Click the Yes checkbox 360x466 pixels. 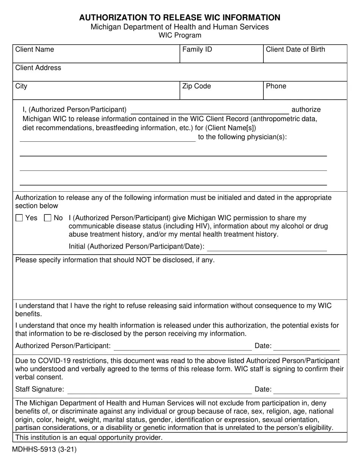[19, 218]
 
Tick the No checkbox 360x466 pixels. [48, 218]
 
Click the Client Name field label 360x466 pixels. [34, 50]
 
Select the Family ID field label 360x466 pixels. [197, 50]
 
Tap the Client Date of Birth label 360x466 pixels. [295, 50]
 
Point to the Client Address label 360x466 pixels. [38, 68]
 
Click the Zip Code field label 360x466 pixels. [196, 86]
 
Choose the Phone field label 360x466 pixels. [276, 86]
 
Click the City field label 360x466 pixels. [21, 86]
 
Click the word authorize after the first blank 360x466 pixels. [306, 110]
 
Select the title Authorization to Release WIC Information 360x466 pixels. [180, 17]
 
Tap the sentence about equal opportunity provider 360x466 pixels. [89, 438]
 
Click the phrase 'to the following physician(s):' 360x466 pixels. [242, 137]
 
